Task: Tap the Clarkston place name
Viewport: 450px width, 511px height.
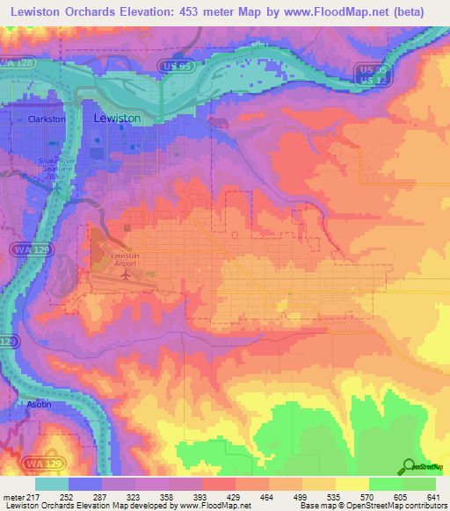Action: click(x=47, y=119)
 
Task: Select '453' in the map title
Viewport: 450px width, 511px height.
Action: click(x=191, y=12)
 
